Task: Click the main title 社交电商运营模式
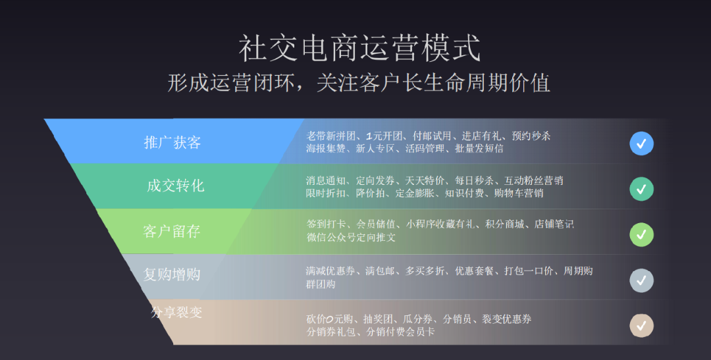point(359,48)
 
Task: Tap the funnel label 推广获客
point(172,142)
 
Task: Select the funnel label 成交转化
point(176,186)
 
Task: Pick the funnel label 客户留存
point(171,231)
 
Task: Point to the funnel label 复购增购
point(172,274)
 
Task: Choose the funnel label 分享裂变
point(176,312)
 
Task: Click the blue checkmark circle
point(641,143)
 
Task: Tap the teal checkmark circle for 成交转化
point(641,189)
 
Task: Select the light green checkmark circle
point(641,235)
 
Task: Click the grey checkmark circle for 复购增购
point(641,280)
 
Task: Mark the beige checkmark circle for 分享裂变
point(641,326)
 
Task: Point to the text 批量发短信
point(479,148)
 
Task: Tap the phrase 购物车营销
point(518,193)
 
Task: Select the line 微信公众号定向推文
point(351,237)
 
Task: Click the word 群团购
point(321,284)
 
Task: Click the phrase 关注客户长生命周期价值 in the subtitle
point(433,83)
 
